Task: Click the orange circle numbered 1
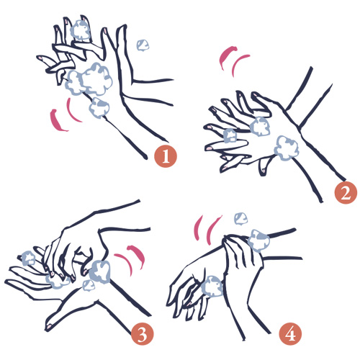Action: pos(166,156)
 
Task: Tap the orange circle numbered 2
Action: pos(346,193)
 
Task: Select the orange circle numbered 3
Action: pos(142,333)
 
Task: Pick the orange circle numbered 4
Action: pos(290,333)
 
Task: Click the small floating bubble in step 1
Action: pos(143,45)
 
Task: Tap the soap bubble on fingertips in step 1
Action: pos(80,30)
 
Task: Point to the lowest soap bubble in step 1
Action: pos(99,108)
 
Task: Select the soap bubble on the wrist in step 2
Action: pos(287,148)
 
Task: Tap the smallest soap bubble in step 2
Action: pos(230,135)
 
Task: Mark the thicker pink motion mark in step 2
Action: pos(227,57)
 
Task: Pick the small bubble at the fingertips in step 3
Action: pos(28,258)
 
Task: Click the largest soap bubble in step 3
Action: pos(100,271)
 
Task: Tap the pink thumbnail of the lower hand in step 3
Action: pos(49,326)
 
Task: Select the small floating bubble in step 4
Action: pos(241,219)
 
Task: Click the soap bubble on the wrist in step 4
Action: pos(258,240)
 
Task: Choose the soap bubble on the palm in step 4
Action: pos(212,287)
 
